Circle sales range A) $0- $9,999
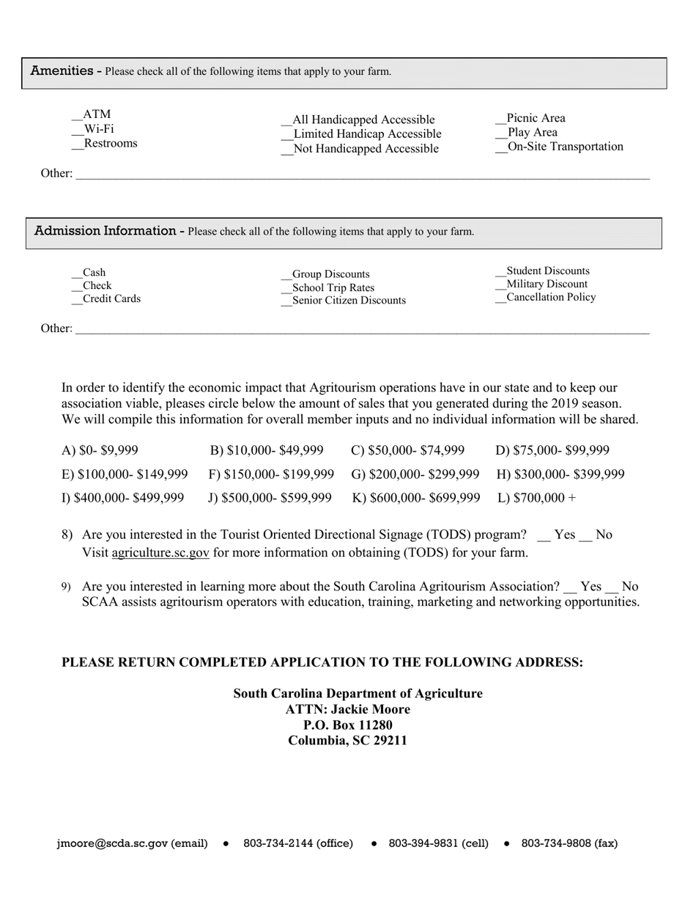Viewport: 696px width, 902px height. (100, 450)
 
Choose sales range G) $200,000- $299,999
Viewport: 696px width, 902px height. (415, 474)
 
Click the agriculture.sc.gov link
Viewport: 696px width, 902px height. (160, 553)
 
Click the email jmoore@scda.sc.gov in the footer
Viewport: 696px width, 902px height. (112, 843)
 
